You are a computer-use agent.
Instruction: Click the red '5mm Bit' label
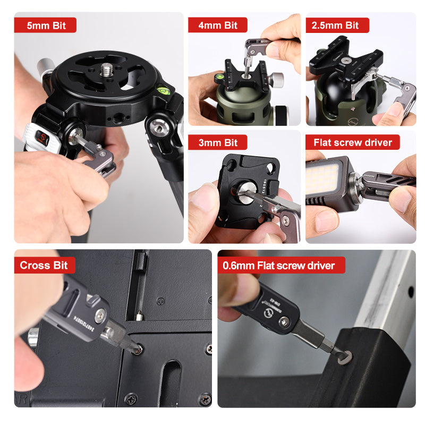[x=45, y=25]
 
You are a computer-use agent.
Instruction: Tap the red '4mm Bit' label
[x=218, y=25]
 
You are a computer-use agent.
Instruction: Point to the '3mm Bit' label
[x=218, y=142]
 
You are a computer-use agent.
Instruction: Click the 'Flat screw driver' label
[x=353, y=142]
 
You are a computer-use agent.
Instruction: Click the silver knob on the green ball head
[x=277, y=80]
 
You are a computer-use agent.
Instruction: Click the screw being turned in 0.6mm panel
[x=343, y=355]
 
